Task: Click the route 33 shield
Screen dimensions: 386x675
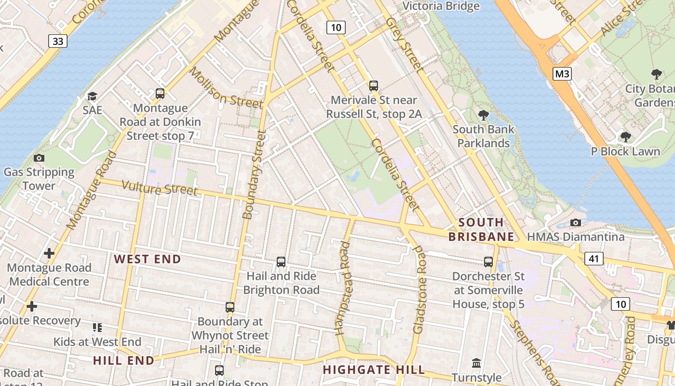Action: [58, 41]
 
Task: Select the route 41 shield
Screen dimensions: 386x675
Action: [594, 259]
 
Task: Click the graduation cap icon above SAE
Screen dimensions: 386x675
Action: [92, 96]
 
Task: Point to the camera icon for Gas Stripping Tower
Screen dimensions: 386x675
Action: [39, 158]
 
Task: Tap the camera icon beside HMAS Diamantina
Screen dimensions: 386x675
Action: [575, 222]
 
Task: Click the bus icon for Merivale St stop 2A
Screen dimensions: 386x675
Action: [374, 86]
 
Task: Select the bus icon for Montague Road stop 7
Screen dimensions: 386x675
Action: [160, 93]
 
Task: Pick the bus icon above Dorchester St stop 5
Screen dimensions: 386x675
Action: [488, 262]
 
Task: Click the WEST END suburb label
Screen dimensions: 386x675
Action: [148, 259]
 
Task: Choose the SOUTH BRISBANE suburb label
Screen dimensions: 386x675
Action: [481, 230]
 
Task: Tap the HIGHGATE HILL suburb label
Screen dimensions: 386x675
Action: [374, 370]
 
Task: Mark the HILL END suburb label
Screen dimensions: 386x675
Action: [123, 360]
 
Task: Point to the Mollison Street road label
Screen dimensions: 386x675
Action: [226, 88]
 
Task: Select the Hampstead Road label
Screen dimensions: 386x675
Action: [344, 288]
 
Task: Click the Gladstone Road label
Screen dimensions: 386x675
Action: [420, 290]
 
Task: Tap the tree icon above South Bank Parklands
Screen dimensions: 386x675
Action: [483, 115]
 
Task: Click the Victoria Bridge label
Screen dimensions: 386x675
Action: [441, 6]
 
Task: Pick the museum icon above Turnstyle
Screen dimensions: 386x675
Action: [476, 363]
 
